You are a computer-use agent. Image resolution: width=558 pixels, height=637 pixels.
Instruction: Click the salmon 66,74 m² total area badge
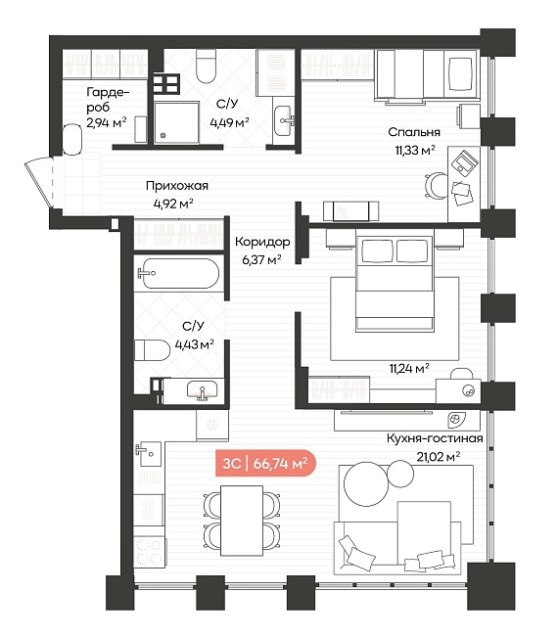tap(266, 463)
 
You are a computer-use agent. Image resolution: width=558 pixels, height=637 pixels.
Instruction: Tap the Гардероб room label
tap(108, 100)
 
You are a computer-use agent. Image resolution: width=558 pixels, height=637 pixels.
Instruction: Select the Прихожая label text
tap(177, 186)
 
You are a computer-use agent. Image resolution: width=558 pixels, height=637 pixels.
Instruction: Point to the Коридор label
tap(262, 242)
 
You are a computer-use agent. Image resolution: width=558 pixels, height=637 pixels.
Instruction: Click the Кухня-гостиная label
tap(435, 438)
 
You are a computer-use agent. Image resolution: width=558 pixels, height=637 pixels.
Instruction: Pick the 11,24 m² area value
tap(409, 369)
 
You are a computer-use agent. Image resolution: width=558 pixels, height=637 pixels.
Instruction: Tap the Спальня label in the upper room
tap(414, 132)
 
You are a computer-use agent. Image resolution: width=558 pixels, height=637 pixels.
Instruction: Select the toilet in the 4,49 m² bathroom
tap(206, 66)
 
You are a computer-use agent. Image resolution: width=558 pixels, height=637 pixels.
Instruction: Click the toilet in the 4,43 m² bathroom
tap(152, 350)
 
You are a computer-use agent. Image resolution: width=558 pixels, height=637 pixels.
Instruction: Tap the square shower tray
tap(176, 122)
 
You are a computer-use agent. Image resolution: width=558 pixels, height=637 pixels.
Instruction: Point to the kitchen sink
tap(148, 454)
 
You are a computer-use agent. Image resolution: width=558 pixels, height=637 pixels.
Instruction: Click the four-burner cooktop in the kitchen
tap(149, 552)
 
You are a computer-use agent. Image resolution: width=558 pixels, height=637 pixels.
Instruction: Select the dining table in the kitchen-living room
tap(242, 521)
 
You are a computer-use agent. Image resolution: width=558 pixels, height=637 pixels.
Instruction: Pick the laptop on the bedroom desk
tap(466, 162)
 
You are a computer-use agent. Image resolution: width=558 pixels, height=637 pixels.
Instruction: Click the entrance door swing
tap(39, 184)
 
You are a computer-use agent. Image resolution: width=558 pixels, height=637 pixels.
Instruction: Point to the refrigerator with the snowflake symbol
tap(211, 425)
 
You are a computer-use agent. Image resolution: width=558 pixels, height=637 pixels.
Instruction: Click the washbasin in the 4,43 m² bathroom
tap(203, 391)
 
